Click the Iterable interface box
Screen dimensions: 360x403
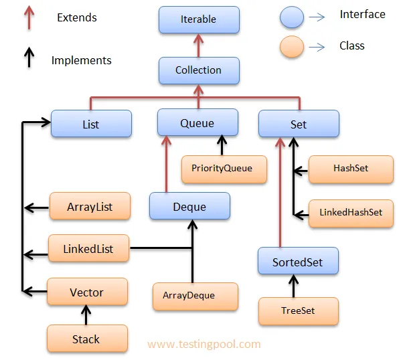(198, 19)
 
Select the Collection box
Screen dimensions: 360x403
(198, 70)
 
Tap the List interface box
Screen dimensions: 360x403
(91, 124)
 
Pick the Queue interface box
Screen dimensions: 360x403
(197, 123)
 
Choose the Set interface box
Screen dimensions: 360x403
(299, 124)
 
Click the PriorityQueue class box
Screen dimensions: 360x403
(222, 169)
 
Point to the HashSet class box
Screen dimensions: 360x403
(351, 169)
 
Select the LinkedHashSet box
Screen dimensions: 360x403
(351, 212)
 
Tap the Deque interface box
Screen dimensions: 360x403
(189, 207)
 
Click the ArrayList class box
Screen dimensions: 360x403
(90, 207)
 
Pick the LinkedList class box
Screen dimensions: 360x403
(88, 249)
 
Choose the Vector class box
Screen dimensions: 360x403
(87, 292)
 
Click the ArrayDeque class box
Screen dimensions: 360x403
(195, 296)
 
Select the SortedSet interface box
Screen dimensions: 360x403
(297, 262)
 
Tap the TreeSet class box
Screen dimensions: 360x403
(298, 311)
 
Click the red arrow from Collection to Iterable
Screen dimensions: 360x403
(198, 45)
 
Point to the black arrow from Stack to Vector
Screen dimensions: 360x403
(86, 315)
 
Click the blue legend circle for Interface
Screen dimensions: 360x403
(293, 17)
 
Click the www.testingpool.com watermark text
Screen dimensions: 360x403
(204, 345)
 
